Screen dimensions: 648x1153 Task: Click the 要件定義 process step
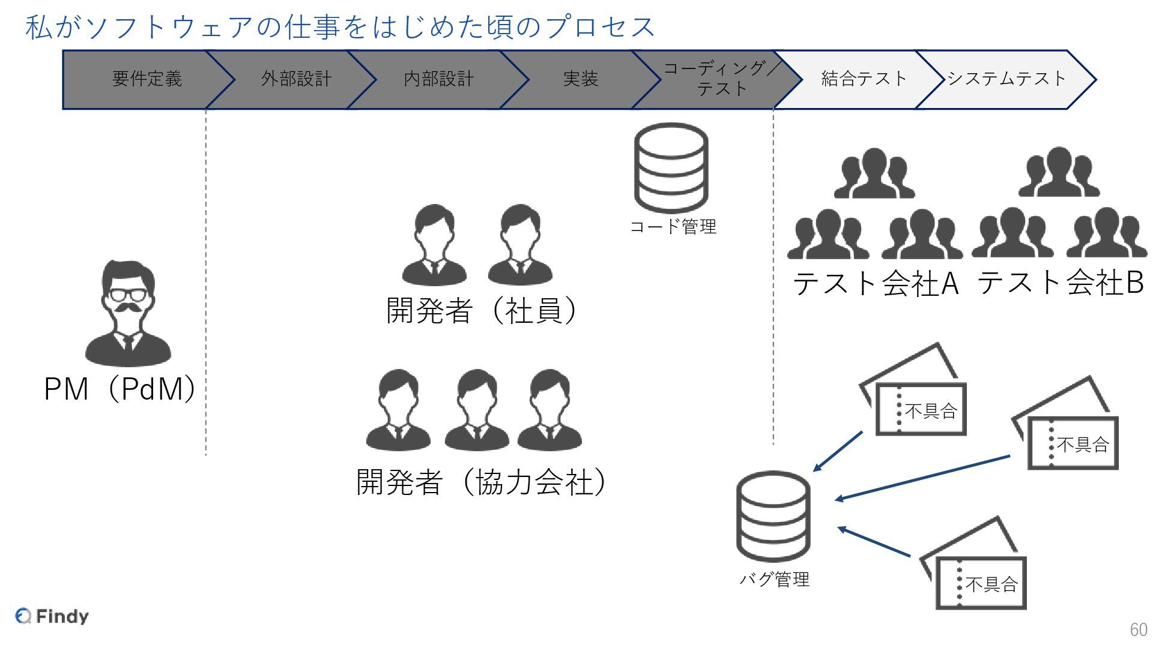point(147,79)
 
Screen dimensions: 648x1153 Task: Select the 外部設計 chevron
point(295,79)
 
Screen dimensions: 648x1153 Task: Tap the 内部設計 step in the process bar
point(438,79)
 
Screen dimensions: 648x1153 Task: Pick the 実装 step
point(580,79)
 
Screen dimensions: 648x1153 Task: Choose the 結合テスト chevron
point(863,79)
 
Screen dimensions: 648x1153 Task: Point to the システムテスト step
point(1006,79)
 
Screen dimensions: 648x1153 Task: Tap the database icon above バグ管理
point(773,515)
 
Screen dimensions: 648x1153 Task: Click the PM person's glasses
point(127,295)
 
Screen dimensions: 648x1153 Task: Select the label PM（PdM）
point(120,389)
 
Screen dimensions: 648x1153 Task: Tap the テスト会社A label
point(875,283)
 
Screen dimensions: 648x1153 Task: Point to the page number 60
point(1138,629)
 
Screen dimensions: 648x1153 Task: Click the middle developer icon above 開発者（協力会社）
point(476,410)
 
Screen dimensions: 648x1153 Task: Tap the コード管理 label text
point(673,227)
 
